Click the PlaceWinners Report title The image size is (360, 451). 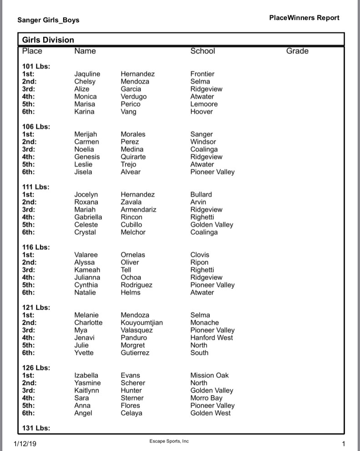304,18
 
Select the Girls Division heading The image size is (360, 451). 48,40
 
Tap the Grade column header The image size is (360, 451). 297,51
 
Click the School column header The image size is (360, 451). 203,51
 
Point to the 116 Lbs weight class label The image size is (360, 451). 36,247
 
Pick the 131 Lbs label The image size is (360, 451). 36,428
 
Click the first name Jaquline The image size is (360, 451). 87,74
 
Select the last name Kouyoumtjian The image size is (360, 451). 142,322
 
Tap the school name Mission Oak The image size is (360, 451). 210,375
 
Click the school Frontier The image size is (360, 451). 202,74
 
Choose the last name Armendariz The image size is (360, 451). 139,209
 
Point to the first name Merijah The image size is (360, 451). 86,134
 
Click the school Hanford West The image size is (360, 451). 212,337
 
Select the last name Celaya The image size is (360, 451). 131,413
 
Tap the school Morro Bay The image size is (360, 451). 206,398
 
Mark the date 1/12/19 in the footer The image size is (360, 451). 25,442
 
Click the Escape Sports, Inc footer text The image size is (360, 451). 169,441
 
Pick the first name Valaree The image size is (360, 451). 86,255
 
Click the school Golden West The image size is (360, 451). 210,413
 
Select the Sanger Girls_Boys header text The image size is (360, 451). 48,20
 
